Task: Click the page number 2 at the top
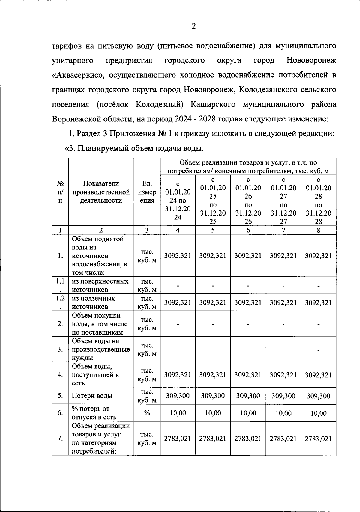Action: click(x=193, y=27)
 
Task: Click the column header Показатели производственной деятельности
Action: click(x=101, y=192)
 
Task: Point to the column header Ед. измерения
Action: click(x=147, y=192)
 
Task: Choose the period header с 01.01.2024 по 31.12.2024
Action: click(x=178, y=200)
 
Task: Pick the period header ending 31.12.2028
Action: click(x=319, y=201)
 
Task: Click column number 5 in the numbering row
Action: click(x=213, y=230)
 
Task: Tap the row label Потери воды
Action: click(x=92, y=396)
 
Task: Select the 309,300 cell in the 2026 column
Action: click(x=248, y=396)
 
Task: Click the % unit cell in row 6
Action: click(x=147, y=413)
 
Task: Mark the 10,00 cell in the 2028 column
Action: click(x=319, y=413)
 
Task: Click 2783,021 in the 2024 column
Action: click(x=178, y=439)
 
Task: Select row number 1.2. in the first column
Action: click(x=60, y=302)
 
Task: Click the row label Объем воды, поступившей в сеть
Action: click(x=95, y=375)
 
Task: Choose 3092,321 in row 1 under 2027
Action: click(x=283, y=256)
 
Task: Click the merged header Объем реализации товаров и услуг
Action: click(x=248, y=167)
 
